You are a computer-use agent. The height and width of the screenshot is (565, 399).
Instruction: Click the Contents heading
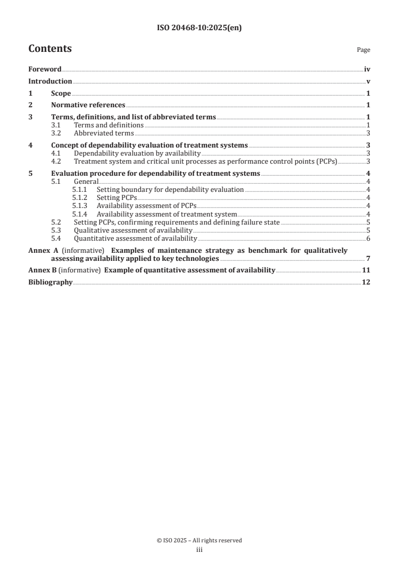(x=50, y=49)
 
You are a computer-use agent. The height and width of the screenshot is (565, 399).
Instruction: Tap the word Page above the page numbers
(x=363, y=50)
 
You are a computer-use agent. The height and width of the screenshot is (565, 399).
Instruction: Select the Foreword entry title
(x=45, y=69)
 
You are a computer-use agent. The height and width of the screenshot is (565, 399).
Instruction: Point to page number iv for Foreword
(x=367, y=69)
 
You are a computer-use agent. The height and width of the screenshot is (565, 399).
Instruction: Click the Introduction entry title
(x=50, y=81)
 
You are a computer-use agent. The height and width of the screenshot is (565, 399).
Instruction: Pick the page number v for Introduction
(x=369, y=81)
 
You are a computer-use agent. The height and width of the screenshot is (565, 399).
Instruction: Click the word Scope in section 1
(x=61, y=93)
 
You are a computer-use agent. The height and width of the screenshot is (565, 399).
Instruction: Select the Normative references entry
(x=88, y=105)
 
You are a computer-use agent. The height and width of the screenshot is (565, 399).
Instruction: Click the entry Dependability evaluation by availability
(x=137, y=154)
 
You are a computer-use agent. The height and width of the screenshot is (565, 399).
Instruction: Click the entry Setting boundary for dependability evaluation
(x=170, y=190)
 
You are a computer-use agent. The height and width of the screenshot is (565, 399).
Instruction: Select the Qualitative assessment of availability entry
(x=133, y=230)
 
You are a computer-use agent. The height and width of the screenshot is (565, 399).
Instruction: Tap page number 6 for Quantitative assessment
(x=369, y=238)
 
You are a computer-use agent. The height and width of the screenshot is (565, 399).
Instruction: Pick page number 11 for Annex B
(x=366, y=270)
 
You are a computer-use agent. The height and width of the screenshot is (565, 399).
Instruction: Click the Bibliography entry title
(x=50, y=282)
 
